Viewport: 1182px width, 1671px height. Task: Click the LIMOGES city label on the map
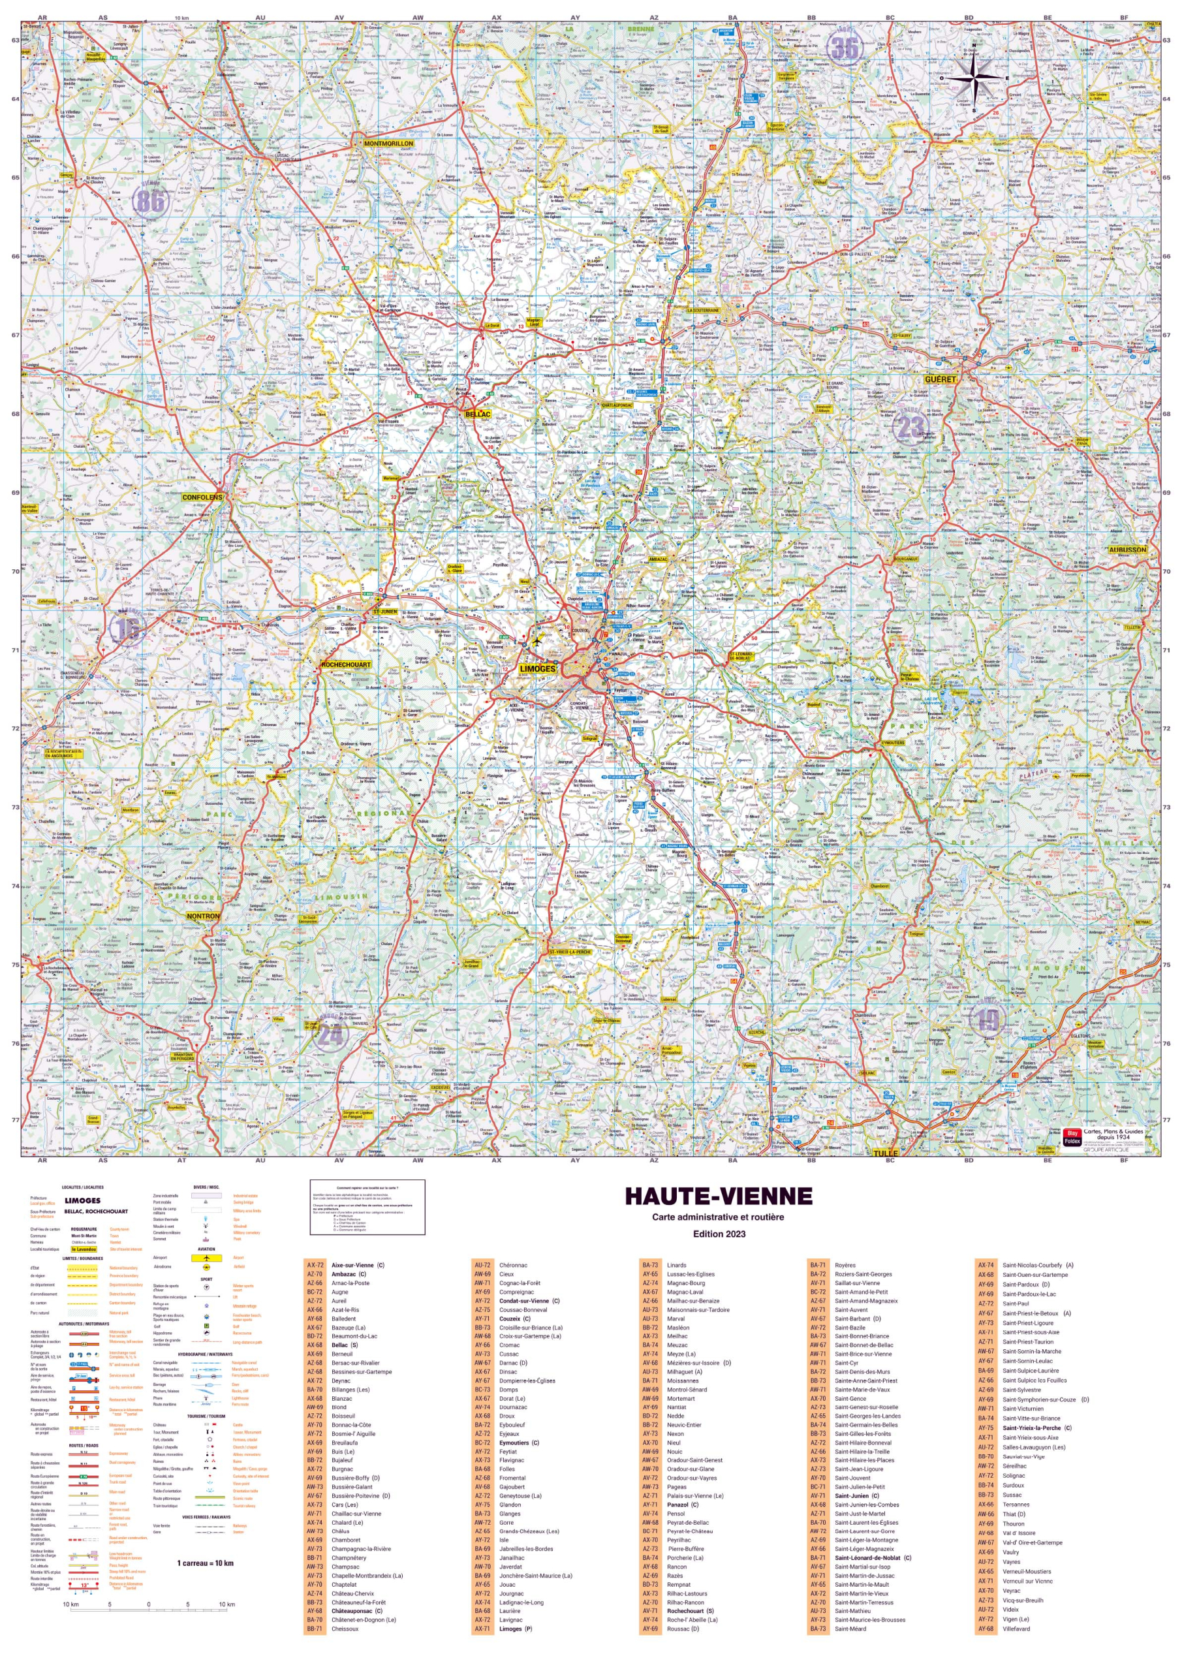537,668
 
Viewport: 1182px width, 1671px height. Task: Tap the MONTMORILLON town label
388,144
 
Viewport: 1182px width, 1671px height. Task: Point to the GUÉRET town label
940,379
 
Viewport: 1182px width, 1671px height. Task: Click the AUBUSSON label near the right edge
1127,550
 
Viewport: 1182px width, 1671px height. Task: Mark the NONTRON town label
203,916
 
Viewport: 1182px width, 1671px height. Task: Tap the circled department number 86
151,200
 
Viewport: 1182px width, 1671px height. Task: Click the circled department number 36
845,48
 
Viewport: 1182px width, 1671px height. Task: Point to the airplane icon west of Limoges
537,642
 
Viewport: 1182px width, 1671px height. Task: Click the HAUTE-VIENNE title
719,1196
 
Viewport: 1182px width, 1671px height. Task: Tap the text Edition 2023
718,1234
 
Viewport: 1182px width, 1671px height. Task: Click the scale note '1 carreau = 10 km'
205,1563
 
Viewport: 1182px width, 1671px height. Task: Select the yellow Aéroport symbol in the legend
207,1258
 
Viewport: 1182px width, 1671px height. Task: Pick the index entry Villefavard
1016,1629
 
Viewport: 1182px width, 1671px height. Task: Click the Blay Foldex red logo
1070,1137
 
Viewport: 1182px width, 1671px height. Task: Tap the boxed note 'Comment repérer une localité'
367,1207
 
